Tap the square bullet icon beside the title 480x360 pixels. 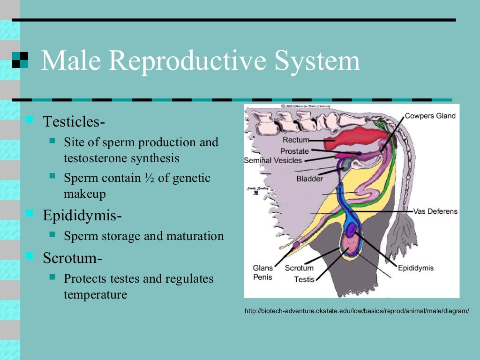pyautogui.click(x=20, y=60)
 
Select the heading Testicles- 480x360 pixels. pyautogui.click(x=74, y=121)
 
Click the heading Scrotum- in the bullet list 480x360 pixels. pyautogui.click(x=73, y=257)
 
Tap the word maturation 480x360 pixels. pyautogui.click(x=196, y=236)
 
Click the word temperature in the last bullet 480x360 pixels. pyautogui.click(x=95, y=295)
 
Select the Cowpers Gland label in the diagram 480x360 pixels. pyautogui.click(x=430, y=116)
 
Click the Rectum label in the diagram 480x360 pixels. pyautogui.click(x=296, y=140)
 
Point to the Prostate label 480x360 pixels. pyautogui.click(x=294, y=151)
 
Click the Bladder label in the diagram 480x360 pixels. pyautogui.click(x=309, y=179)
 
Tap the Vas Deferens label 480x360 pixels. pyautogui.click(x=435, y=211)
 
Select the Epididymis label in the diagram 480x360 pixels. pyautogui.click(x=415, y=268)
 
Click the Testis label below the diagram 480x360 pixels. pyautogui.click(x=304, y=279)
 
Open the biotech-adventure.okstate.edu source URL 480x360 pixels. pyautogui.click(x=357, y=311)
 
